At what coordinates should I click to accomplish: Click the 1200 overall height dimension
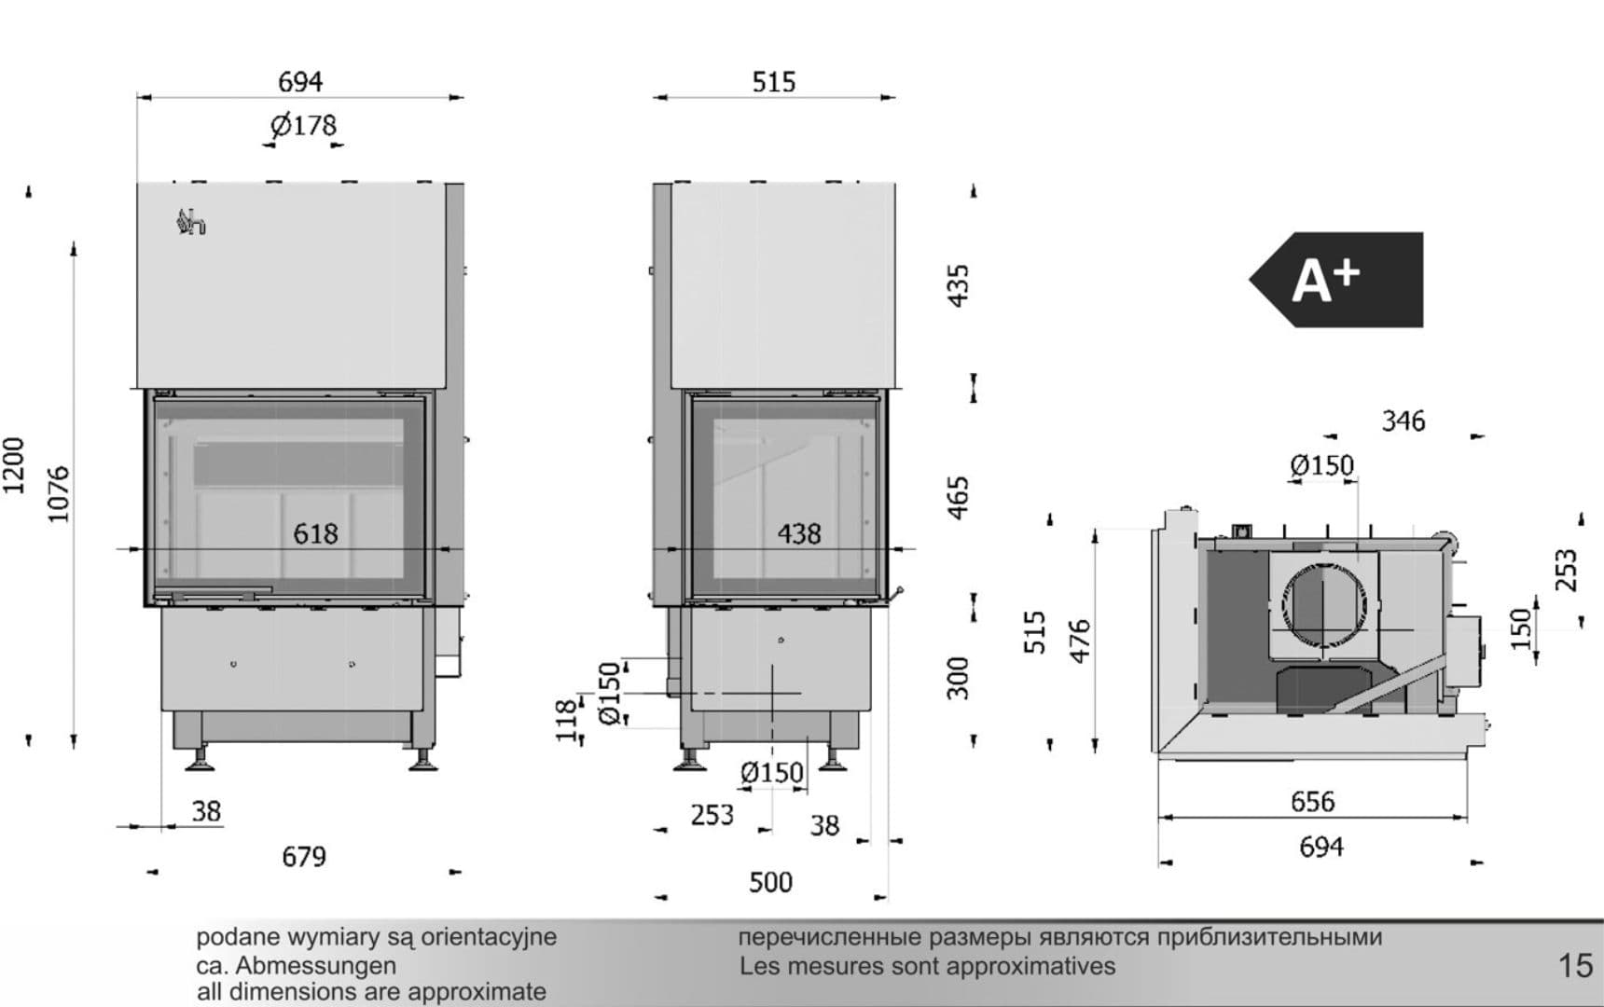pos(14,466)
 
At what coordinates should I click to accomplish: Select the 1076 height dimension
pos(59,494)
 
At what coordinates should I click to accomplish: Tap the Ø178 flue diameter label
pos(303,125)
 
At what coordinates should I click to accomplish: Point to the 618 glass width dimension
pos(315,533)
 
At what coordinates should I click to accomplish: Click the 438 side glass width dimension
pos(799,533)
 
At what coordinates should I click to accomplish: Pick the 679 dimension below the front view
pos(304,856)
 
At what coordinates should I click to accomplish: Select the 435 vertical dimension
pos(959,284)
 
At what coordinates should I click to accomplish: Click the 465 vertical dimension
pos(959,498)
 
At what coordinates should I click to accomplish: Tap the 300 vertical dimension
pos(959,677)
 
